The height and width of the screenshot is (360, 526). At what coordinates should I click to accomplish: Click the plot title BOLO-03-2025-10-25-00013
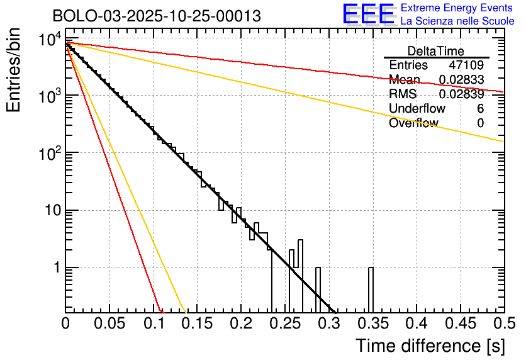click(157, 16)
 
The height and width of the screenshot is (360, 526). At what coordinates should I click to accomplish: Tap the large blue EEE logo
click(368, 14)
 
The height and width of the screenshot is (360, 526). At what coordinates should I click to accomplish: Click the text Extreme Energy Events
click(457, 8)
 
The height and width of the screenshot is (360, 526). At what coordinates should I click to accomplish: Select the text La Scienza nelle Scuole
click(457, 21)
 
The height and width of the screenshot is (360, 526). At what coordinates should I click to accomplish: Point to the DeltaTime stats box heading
click(435, 51)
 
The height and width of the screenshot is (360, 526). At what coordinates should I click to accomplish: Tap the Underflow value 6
click(480, 109)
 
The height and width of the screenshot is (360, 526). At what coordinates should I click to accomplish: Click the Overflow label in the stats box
click(413, 123)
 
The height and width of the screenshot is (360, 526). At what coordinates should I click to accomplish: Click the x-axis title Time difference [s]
click(430, 346)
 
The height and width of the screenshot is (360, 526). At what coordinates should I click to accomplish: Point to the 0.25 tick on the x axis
click(284, 323)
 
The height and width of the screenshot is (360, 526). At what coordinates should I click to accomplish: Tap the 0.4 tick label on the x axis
click(416, 323)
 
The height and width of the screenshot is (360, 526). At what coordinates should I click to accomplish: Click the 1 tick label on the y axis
click(56, 268)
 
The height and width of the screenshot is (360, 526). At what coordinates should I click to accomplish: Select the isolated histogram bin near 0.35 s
click(371, 290)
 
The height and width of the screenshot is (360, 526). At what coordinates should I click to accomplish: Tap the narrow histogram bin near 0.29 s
click(318, 290)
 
